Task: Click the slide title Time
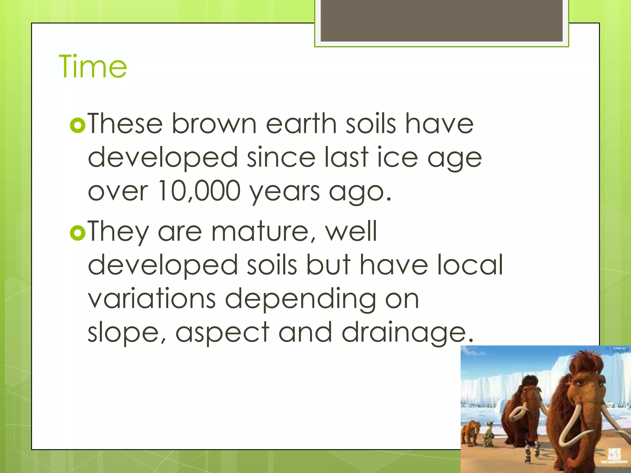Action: pos(93,66)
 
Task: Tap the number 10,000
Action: pos(199,191)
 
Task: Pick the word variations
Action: pos(152,299)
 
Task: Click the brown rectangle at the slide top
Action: pos(441,21)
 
